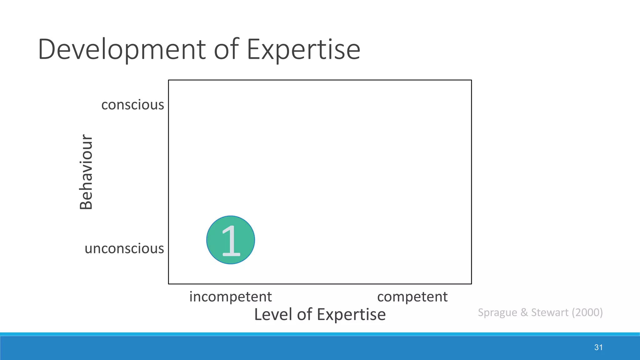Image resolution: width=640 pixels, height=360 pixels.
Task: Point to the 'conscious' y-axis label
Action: tap(132, 105)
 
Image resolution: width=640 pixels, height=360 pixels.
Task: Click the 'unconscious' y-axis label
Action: tap(124, 248)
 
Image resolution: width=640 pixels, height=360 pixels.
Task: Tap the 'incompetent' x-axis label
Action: tap(230, 297)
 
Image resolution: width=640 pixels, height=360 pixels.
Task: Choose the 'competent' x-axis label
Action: tap(412, 297)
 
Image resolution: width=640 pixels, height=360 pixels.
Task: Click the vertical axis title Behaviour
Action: tap(86, 172)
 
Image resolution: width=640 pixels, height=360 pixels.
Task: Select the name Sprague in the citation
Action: tap(497, 312)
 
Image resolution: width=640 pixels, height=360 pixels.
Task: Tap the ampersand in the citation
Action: tap(524, 312)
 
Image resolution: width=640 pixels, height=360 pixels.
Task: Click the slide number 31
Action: tap(598, 347)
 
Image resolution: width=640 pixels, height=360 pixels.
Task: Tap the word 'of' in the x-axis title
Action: tap(304, 314)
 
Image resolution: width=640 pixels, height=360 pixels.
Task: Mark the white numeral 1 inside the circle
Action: tap(231, 241)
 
